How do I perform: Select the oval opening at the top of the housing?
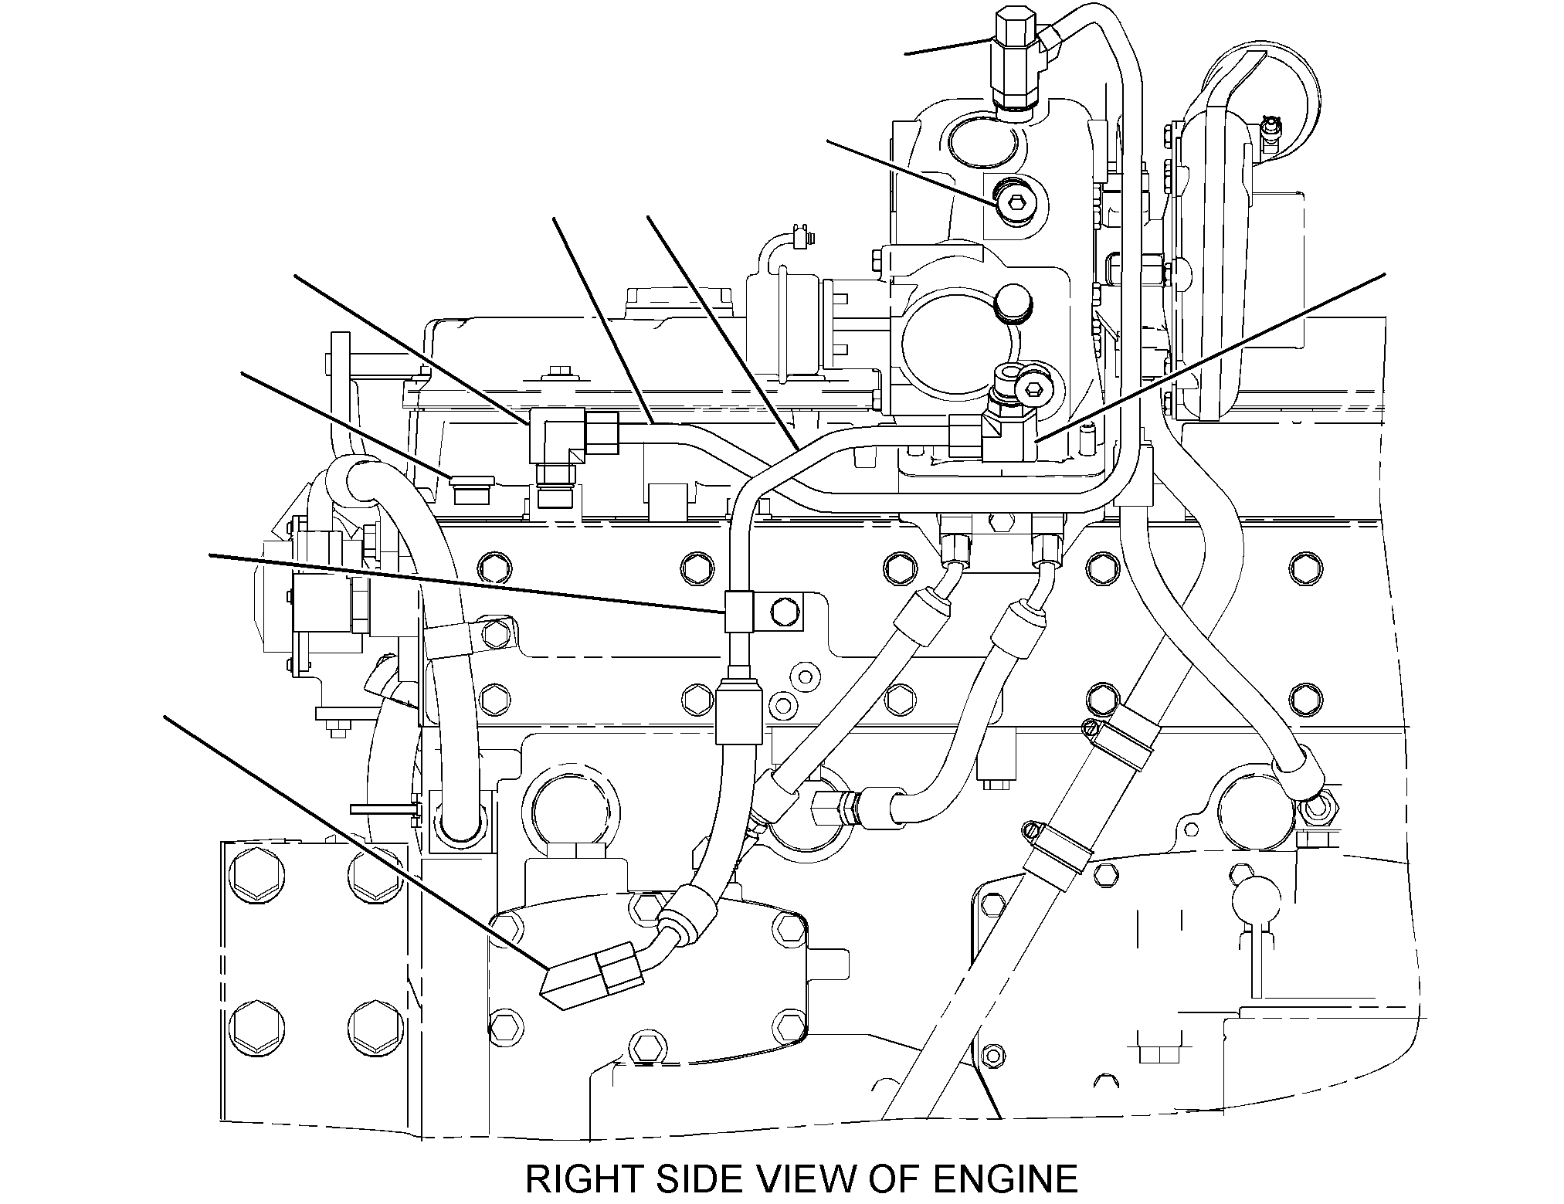click(x=974, y=143)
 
